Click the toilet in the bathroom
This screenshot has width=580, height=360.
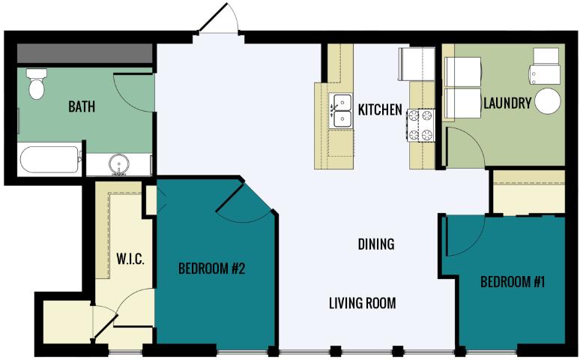coord(37,84)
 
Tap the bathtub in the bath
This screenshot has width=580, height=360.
coord(49,160)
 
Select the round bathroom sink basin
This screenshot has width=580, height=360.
coord(118,163)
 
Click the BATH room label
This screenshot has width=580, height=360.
coord(82,106)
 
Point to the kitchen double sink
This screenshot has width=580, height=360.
coord(341,111)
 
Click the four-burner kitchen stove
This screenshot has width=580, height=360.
coord(421,125)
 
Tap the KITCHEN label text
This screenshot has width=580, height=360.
coord(380,109)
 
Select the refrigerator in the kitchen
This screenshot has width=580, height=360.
coord(416,64)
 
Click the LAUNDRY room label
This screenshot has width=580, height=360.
coord(507,103)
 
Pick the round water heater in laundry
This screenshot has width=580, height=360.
coord(548,101)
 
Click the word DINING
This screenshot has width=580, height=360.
coord(376,244)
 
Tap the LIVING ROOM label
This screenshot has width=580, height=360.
coord(363,303)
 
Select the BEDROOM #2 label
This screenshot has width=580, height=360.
coord(211,268)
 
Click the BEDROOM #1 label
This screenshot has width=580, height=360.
coord(513,282)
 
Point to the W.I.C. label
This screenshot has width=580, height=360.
coord(130,259)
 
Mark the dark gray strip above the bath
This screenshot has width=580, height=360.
coord(85,54)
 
